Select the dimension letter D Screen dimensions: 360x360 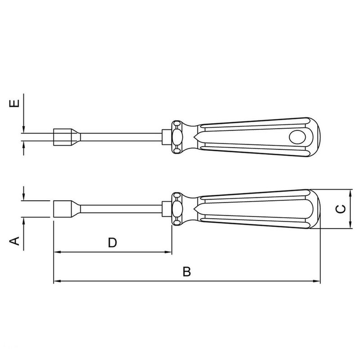(112, 243)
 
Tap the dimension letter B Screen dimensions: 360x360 (187, 272)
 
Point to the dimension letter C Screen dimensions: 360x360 (342, 209)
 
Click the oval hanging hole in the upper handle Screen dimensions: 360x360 (297, 136)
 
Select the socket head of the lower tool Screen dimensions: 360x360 (63, 209)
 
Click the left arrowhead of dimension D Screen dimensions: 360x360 (57, 252)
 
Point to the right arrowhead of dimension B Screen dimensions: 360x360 (317, 282)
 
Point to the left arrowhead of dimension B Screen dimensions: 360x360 (57, 282)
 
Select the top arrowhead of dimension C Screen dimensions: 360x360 (351, 192)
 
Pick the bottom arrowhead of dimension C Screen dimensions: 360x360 (351, 226)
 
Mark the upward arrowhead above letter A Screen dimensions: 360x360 (23, 220)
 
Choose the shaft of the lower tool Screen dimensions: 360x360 (121, 209)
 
